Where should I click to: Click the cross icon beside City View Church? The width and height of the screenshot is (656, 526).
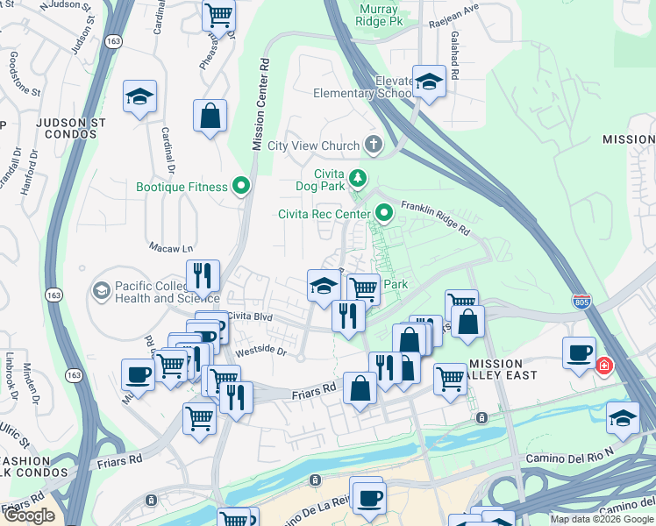(374, 145)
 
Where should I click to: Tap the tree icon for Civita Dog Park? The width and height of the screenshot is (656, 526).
(358, 179)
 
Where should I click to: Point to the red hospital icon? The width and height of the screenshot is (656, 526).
(603, 366)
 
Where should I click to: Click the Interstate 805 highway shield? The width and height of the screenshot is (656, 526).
(581, 302)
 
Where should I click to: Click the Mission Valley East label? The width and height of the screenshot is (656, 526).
(508, 370)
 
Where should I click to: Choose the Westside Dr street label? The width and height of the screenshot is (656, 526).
(258, 350)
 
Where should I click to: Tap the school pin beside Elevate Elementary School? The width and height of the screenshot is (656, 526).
(429, 82)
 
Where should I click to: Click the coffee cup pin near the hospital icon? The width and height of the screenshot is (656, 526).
(579, 352)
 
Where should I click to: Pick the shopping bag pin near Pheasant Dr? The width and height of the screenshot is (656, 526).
(210, 116)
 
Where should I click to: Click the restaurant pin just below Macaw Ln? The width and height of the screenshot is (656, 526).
(203, 275)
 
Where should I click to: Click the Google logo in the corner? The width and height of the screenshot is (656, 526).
(29, 515)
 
